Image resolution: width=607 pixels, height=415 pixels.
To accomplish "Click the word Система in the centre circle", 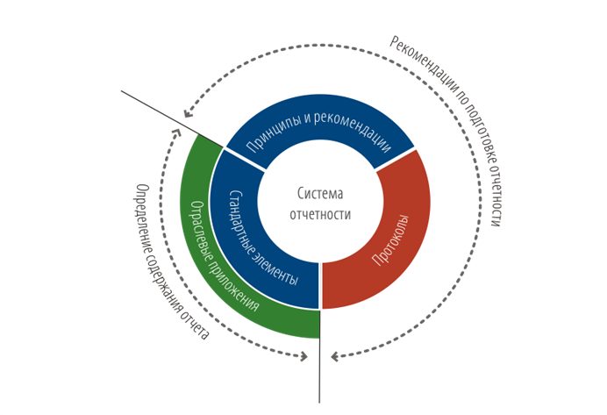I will [x=321, y=194].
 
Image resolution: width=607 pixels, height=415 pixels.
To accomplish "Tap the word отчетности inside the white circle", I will [x=321, y=213].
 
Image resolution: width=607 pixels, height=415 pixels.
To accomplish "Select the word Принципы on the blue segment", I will [x=273, y=140].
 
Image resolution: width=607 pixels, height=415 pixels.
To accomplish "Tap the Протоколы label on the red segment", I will [x=386, y=243].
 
